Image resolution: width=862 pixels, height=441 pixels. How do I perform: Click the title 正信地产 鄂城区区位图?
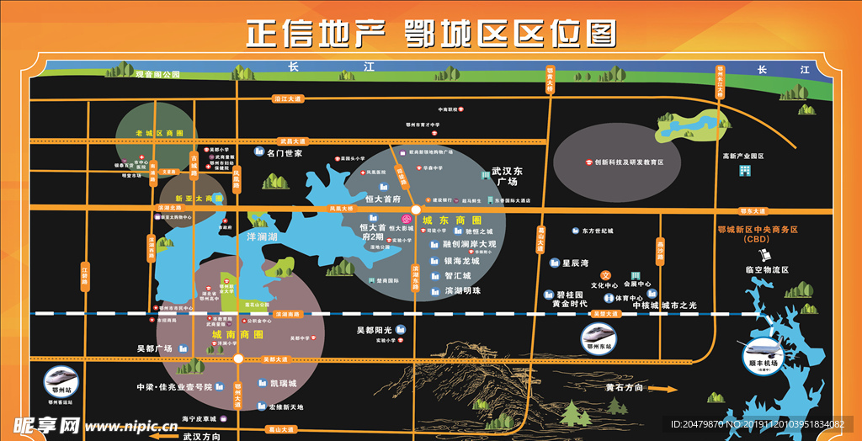tap(430, 34)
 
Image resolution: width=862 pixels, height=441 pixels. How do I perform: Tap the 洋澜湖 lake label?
tap(262, 237)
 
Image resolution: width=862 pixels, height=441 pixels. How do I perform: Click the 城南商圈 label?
tap(237, 335)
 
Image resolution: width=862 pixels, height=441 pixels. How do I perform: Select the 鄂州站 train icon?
tap(61, 380)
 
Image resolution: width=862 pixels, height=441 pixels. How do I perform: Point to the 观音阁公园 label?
tap(158, 75)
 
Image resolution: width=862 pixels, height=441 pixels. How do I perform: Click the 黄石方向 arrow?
tap(666, 389)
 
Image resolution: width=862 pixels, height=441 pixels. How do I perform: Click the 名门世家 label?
tap(285, 154)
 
